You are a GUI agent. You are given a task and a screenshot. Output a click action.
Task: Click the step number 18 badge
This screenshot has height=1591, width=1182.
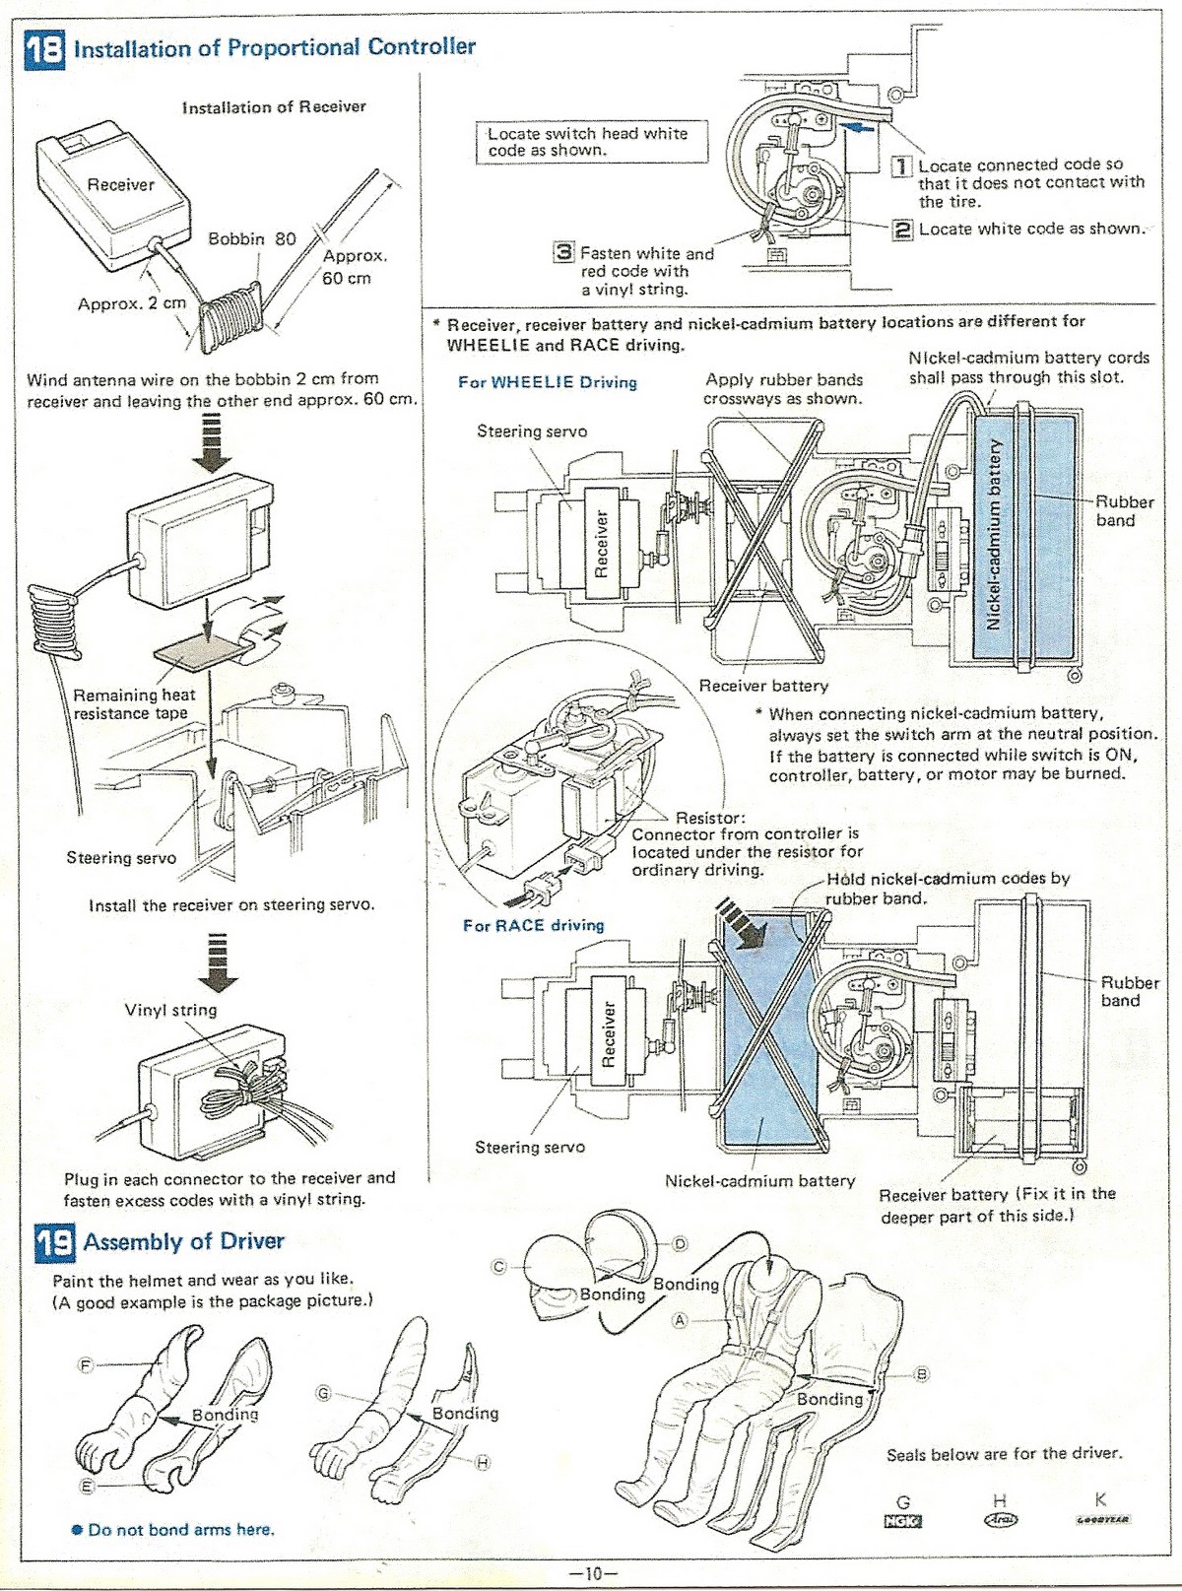point(44,47)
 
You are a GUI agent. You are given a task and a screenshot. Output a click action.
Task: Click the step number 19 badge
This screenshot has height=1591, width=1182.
point(55,1242)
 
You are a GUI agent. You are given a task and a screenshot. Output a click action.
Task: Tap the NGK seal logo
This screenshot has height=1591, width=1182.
point(902,1520)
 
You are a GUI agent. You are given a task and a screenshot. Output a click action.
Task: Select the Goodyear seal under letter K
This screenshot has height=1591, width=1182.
point(1101,1520)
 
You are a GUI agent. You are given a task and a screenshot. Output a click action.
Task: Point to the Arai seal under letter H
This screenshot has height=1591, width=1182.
point(1000,1519)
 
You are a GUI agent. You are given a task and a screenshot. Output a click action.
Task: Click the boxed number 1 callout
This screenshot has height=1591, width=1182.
point(901,166)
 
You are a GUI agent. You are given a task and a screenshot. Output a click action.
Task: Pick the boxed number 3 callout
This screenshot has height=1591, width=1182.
point(562,252)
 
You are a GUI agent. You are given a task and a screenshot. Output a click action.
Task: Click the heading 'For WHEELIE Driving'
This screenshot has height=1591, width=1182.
point(548,382)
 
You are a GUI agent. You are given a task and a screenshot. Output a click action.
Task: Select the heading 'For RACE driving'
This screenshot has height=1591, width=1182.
point(534,925)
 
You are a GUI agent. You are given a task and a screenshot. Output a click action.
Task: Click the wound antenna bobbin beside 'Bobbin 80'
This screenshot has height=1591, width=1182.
point(230,316)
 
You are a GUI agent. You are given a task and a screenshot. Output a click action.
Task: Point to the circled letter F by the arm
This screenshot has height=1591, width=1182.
point(85,1365)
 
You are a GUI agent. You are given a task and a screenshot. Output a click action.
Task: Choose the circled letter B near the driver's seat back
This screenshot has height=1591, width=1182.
point(922,1374)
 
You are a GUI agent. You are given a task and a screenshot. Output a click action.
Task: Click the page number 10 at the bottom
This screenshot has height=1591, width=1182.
point(592,1573)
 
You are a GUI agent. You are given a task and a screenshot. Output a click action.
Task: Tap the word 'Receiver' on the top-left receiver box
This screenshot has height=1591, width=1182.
point(120,184)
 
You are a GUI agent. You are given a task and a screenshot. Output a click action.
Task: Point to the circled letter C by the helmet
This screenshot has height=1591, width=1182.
point(499,1267)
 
